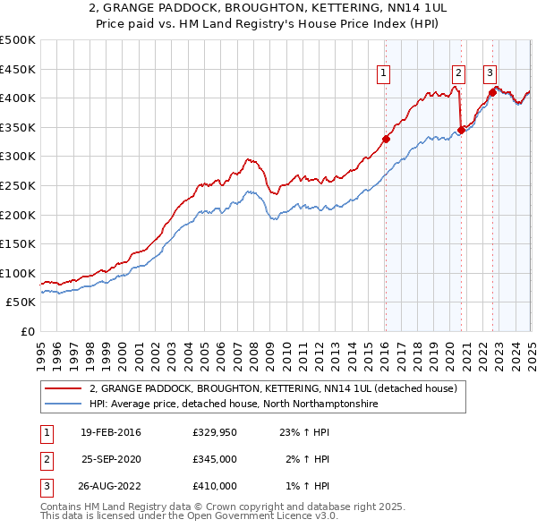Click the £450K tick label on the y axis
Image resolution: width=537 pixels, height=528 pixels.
pyautogui.click(x=18, y=69)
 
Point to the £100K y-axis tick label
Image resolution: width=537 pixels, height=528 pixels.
pyautogui.click(x=18, y=274)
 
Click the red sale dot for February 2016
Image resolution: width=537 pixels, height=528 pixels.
pyautogui.click(x=386, y=139)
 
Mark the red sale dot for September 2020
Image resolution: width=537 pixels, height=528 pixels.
pyautogui.click(x=461, y=130)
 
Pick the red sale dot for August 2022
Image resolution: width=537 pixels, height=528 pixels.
pyautogui.click(x=492, y=91)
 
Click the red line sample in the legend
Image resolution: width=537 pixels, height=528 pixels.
pyautogui.click(x=62, y=389)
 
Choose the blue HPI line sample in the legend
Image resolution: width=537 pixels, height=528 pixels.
pyautogui.click(x=62, y=405)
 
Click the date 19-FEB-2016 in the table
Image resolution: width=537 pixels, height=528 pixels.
pyautogui.click(x=110, y=433)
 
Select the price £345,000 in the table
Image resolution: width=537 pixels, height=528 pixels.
pyautogui.click(x=215, y=459)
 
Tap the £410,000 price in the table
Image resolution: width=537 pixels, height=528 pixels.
pyautogui.click(x=215, y=486)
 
